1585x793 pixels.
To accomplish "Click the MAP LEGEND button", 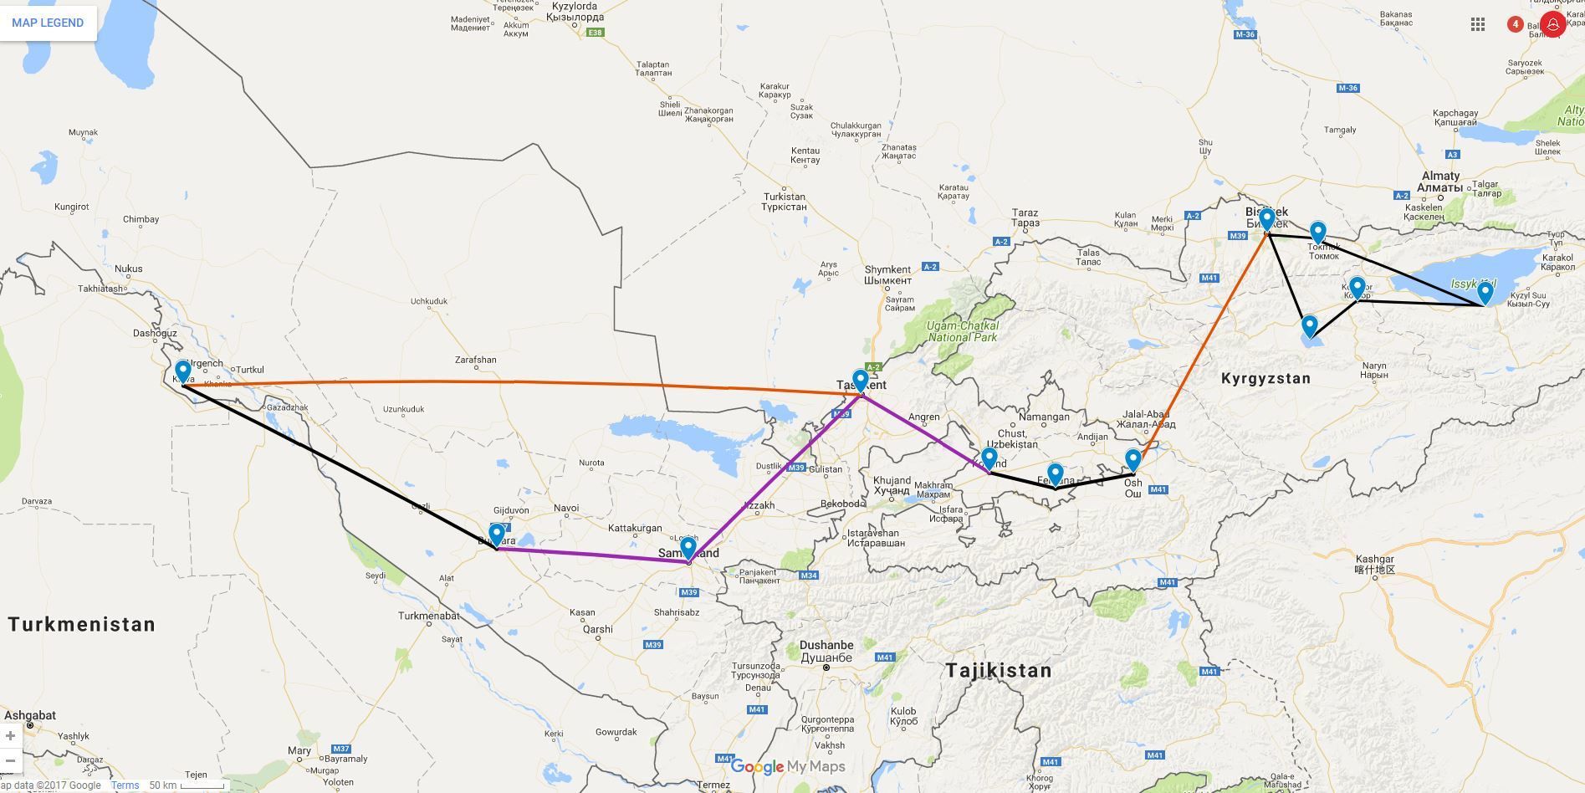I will coord(48,23).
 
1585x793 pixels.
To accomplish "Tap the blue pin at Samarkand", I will coord(688,547).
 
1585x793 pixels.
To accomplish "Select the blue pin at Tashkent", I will coord(860,380).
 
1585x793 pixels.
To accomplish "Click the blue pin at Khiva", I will coord(182,371).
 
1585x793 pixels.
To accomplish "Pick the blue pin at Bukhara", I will coord(496,533).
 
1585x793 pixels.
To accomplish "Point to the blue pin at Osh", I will coord(1133,459).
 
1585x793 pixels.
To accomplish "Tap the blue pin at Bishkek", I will coord(1267,219).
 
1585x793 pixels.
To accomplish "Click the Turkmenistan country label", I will coord(82,624).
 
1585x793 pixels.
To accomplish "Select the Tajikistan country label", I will coord(998,670).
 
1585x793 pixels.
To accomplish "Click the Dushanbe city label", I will coord(826,645).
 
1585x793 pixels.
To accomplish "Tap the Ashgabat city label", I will coord(30,715).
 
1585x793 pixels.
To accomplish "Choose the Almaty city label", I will coord(1439,176).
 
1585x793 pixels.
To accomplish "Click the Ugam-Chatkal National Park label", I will coord(962,331).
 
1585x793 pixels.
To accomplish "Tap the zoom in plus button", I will coord(10,735).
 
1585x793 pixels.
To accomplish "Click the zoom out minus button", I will coord(10,760).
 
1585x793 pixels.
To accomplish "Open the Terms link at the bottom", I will coord(125,785).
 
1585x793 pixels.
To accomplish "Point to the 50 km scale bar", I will coord(201,785).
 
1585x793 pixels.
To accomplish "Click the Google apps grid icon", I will coord(1478,24).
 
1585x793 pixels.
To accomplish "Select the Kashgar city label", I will coord(1374,559).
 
